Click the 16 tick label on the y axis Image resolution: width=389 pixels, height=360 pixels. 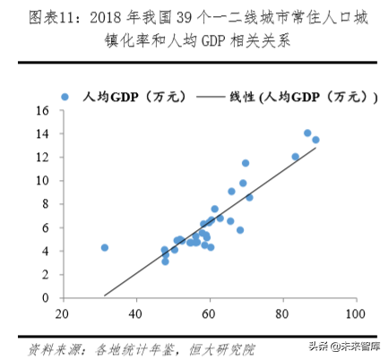point(41,111)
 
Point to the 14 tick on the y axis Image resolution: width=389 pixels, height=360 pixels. point(41,133)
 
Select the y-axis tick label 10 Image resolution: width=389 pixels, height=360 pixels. point(41,180)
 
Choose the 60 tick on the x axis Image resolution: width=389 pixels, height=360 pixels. point(210,313)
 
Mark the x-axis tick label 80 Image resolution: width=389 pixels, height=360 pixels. point(283,313)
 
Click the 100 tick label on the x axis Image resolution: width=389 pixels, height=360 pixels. point(356,313)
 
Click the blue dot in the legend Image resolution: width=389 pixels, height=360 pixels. point(65,95)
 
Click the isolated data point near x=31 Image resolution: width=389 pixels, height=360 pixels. point(104,247)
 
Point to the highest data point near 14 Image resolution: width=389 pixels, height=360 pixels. point(307,133)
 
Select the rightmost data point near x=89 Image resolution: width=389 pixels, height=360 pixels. point(316,140)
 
